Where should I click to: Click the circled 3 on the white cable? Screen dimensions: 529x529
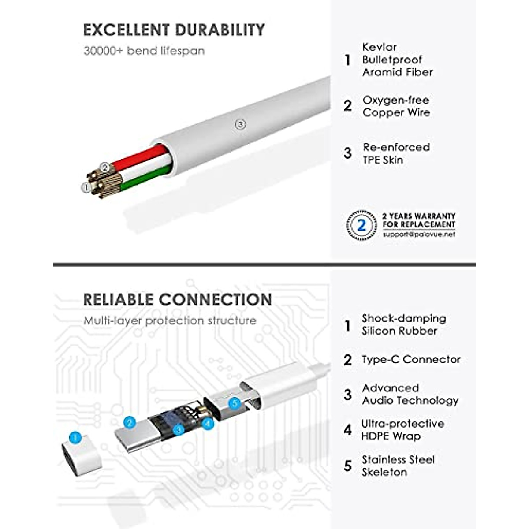coord(240,125)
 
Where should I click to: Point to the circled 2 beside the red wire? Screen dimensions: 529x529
coord(104,167)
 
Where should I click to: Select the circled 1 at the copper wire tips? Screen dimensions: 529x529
coord(86,187)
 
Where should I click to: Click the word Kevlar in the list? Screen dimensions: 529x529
coord(380,47)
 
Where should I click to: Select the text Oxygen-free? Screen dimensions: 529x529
coord(395,100)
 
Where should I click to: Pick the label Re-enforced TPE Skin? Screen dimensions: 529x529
coord(395,153)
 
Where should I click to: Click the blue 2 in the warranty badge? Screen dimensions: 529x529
coord(361,225)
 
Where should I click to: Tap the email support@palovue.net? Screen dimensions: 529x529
coord(419,235)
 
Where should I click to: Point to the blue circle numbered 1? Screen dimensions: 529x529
coord(75,438)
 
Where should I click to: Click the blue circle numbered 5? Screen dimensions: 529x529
coord(235,402)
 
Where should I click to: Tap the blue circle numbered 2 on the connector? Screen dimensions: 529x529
coord(129,422)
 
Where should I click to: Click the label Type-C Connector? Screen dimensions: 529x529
coord(411,359)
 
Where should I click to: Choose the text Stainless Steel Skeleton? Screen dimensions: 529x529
coord(398,466)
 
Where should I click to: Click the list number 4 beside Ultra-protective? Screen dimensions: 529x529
coord(348,430)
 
